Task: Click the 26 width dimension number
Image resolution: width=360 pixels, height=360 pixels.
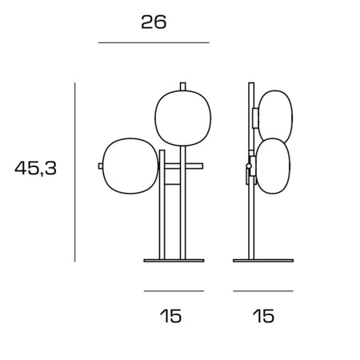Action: click(x=154, y=22)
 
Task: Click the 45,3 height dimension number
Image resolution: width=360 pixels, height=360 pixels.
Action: click(x=35, y=168)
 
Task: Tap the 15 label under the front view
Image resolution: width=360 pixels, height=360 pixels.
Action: click(x=170, y=316)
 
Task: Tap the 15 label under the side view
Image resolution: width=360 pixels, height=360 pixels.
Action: click(x=263, y=316)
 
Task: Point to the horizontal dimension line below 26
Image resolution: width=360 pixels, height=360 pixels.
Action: click(x=154, y=42)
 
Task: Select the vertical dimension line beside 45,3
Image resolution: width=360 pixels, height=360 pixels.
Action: click(x=75, y=172)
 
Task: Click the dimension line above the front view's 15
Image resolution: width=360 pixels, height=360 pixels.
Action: click(x=174, y=291)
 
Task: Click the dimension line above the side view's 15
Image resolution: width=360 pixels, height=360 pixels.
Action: click(x=263, y=291)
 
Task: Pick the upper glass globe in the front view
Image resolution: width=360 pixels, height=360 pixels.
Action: click(x=183, y=118)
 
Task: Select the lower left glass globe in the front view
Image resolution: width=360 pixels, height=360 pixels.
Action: click(x=130, y=166)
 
